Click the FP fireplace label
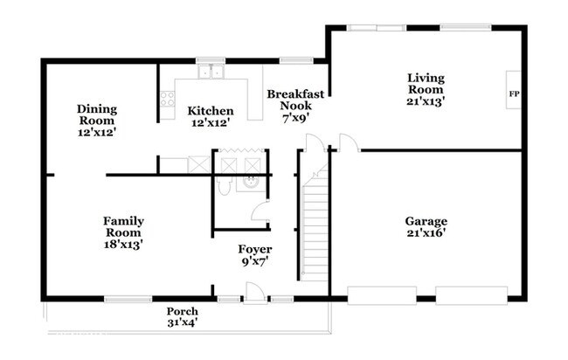(x=514, y=94)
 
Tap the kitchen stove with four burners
(x=168, y=99)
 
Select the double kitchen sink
(x=211, y=72)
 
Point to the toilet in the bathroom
(x=225, y=185)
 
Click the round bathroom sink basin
(x=251, y=183)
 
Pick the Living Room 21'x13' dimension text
(x=426, y=101)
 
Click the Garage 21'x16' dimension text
(x=426, y=232)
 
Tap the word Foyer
(x=255, y=249)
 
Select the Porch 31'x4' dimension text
(x=183, y=322)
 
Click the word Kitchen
(x=211, y=111)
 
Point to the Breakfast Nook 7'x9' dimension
(x=295, y=117)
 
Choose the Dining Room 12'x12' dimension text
(x=97, y=132)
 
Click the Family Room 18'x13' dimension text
(x=123, y=245)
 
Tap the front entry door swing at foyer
(x=254, y=292)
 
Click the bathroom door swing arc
(x=259, y=211)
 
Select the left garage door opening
(x=382, y=295)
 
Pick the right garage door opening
(x=471, y=295)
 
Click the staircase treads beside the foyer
(x=315, y=225)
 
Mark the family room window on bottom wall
(x=128, y=299)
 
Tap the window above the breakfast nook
(x=296, y=60)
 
